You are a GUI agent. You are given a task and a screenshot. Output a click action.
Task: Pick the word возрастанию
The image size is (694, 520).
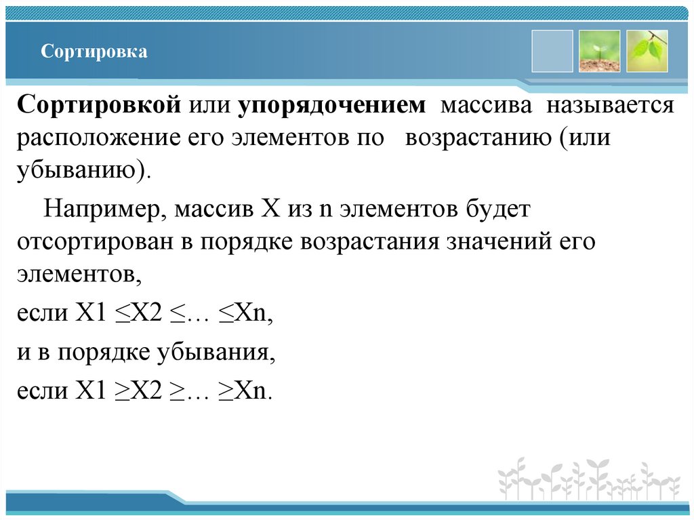[478, 138]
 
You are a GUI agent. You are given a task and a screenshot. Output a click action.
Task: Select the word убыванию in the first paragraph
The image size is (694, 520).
[77, 169]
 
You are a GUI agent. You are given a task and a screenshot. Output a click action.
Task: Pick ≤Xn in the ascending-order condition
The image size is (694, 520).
[243, 314]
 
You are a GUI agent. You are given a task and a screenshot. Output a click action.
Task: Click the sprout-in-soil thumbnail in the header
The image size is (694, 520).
[599, 52]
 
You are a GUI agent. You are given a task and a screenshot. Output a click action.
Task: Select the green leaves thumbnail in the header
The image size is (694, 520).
[647, 52]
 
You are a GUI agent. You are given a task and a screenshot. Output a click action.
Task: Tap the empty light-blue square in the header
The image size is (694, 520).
[552, 52]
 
